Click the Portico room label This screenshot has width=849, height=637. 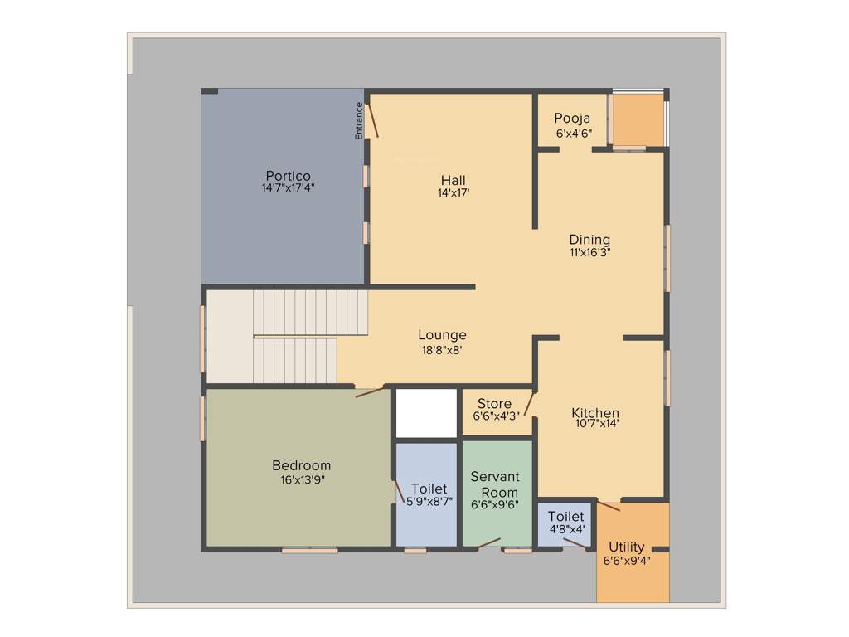click(288, 176)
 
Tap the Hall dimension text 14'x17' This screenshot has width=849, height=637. click(454, 193)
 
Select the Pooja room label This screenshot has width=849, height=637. click(572, 119)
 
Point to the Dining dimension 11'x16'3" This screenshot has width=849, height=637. click(589, 252)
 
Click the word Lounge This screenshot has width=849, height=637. click(442, 335)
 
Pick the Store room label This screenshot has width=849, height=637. click(494, 404)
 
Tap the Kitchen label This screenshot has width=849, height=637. click(595, 413)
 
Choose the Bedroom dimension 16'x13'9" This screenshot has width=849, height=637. click(302, 479)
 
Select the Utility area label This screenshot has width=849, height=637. click(627, 547)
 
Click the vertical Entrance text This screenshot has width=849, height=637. click(359, 119)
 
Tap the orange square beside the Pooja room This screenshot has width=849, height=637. click(638, 120)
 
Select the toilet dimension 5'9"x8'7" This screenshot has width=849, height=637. click(429, 501)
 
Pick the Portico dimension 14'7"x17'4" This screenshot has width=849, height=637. click(288, 188)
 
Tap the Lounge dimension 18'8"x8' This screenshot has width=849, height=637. click(441, 349)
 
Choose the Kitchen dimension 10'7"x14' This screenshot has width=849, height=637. click(596, 424)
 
